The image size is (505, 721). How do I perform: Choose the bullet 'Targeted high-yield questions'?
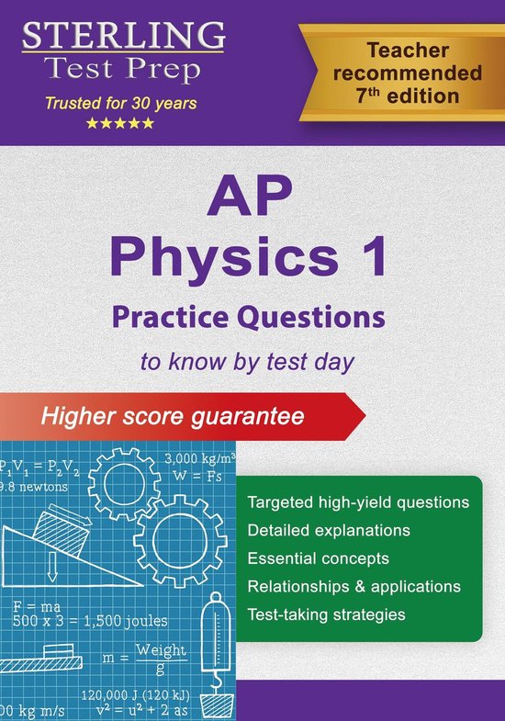pos(359,503)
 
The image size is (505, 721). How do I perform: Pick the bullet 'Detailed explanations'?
pos(329,531)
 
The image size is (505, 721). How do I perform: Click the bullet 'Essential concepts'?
pos(319,558)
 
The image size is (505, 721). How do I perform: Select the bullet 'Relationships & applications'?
pos(354,586)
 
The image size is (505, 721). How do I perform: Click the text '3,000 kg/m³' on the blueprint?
pos(200,458)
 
